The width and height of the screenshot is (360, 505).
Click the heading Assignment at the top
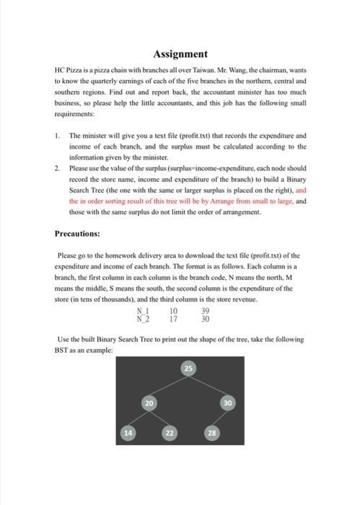pos(180,54)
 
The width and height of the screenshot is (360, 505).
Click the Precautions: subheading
pos(77,234)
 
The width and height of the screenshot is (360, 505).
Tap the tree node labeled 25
pos(189,369)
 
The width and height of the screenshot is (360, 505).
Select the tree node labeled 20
pos(149,403)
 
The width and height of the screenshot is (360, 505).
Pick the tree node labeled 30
pos(228,403)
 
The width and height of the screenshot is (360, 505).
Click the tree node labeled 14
pos(128,433)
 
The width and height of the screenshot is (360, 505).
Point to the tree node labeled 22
pos(170,433)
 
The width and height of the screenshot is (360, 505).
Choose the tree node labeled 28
pos(211,433)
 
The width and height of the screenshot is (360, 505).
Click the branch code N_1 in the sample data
pos(143,312)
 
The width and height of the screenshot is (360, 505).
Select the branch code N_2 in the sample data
pos(143,318)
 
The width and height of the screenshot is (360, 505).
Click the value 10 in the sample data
pos(174,312)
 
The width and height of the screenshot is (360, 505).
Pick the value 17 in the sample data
pos(174,318)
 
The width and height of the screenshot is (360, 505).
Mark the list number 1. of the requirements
pos(58,136)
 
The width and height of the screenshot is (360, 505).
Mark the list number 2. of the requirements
pos(58,168)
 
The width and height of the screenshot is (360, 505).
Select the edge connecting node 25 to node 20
pos(169,386)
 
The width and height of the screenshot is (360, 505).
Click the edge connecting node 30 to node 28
pos(220,418)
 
